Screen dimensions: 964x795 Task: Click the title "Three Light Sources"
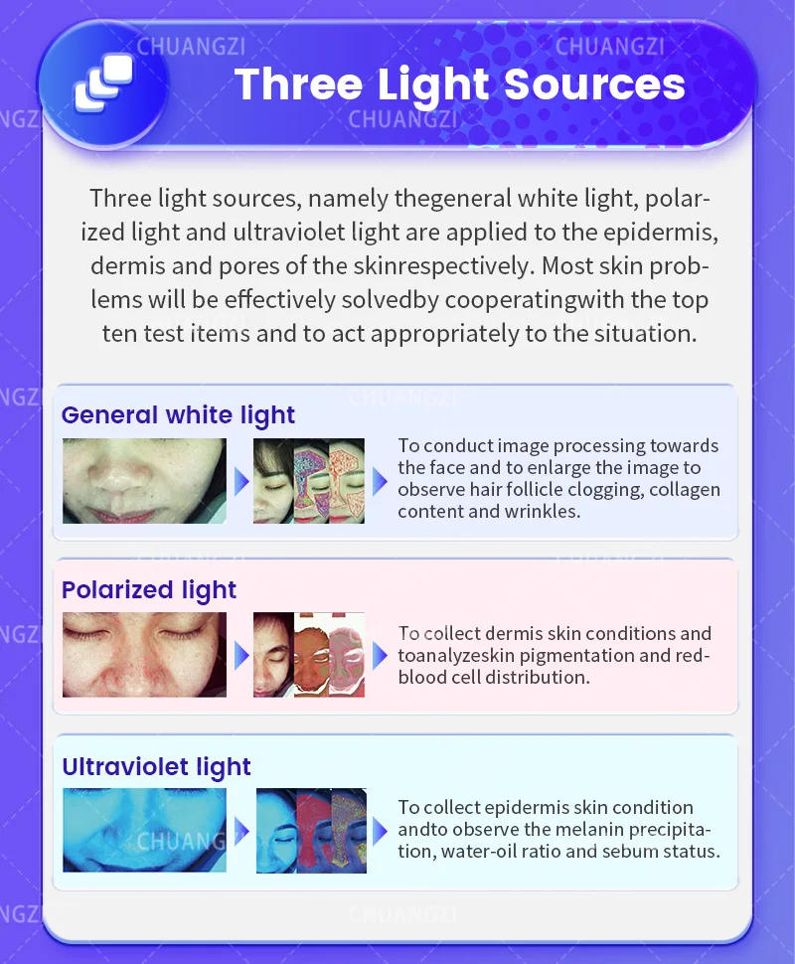[x=460, y=84]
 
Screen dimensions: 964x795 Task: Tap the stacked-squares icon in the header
[x=102, y=83]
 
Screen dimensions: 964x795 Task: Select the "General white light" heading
[x=178, y=414]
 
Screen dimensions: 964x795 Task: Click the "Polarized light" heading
[x=149, y=590]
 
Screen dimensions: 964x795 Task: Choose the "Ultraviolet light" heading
[x=156, y=767]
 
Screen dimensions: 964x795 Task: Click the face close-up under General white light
[x=144, y=481]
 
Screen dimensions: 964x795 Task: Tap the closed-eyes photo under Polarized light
[x=144, y=654]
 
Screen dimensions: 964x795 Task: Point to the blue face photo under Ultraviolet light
[x=144, y=831]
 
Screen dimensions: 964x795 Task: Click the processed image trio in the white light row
[x=309, y=481]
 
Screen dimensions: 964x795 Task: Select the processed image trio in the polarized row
[x=309, y=654]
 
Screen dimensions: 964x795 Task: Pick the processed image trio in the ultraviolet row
[x=309, y=831]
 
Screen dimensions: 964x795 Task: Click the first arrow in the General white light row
[x=240, y=482]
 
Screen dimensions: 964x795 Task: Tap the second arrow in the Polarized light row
[x=380, y=656]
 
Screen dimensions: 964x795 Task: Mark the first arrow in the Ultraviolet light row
[x=240, y=831]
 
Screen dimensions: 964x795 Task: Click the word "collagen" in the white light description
[x=681, y=490]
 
